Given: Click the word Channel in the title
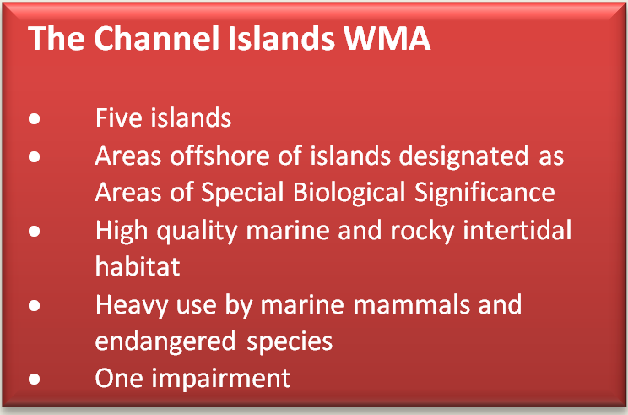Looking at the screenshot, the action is [x=157, y=38].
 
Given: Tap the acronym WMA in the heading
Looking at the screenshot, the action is [x=387, y=39].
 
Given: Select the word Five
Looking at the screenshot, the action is [x=118, y=117].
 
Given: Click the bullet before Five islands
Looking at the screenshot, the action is [x=34, y=118].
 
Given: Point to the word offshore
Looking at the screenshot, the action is [x=219, y=156].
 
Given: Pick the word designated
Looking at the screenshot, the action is [x=463, y=156].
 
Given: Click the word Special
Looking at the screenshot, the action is [x=242, y=193].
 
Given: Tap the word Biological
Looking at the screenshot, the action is [x=349, y=193].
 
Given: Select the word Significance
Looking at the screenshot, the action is [x=485, y=193].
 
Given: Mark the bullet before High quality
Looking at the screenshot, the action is [x=34, y=231].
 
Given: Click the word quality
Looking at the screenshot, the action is [x=197, y=231].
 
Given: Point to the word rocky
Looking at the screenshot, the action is [x=422, y=231].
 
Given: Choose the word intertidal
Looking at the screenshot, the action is [x=517, y=230].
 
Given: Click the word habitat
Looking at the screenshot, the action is [x=138, y=266].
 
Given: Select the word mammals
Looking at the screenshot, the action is [x=411, y=304].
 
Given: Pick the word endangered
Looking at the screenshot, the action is [x=165, y=341].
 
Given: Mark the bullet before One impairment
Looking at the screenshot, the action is [x=34, y=379].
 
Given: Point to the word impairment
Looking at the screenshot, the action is [x=221, y=379].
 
